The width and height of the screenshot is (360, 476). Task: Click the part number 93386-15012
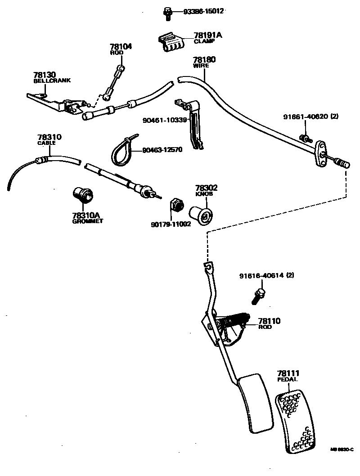tap(203, 11)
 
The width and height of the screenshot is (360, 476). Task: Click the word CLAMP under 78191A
tap(204, 41)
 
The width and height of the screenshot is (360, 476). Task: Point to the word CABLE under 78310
tap(46, 143)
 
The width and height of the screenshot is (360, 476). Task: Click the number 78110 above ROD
tap(269, 321)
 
